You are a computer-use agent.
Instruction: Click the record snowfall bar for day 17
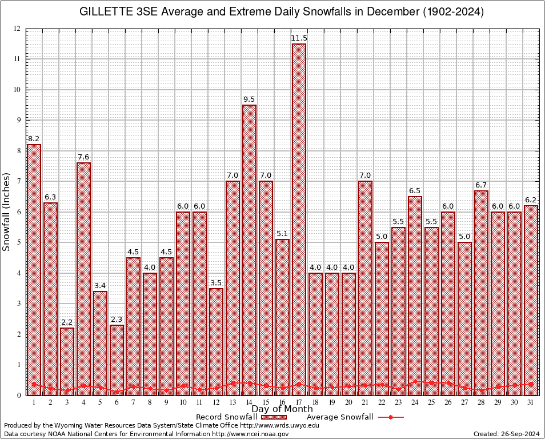click(299, 217)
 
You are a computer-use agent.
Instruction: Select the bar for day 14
click(249, 246)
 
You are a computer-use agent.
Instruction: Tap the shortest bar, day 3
click(67, 360)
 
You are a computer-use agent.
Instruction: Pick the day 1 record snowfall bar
click(34, 269)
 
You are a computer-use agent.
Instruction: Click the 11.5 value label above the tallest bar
click(299, 38)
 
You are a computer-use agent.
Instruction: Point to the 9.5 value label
click(249, 99)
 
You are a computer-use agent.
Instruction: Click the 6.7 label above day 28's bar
click(481, 185)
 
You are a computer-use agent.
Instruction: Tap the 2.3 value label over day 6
click(117, 320)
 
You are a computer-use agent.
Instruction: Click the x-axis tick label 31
click(531, 402)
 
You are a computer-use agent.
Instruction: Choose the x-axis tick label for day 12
click(216, 402)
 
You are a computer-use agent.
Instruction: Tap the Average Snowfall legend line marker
click(391, 417)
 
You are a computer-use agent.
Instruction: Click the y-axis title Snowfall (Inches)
click(7, 211)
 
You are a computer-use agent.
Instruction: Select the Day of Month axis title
click(282, 409)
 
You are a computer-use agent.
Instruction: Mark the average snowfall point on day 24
click(415, 381)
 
